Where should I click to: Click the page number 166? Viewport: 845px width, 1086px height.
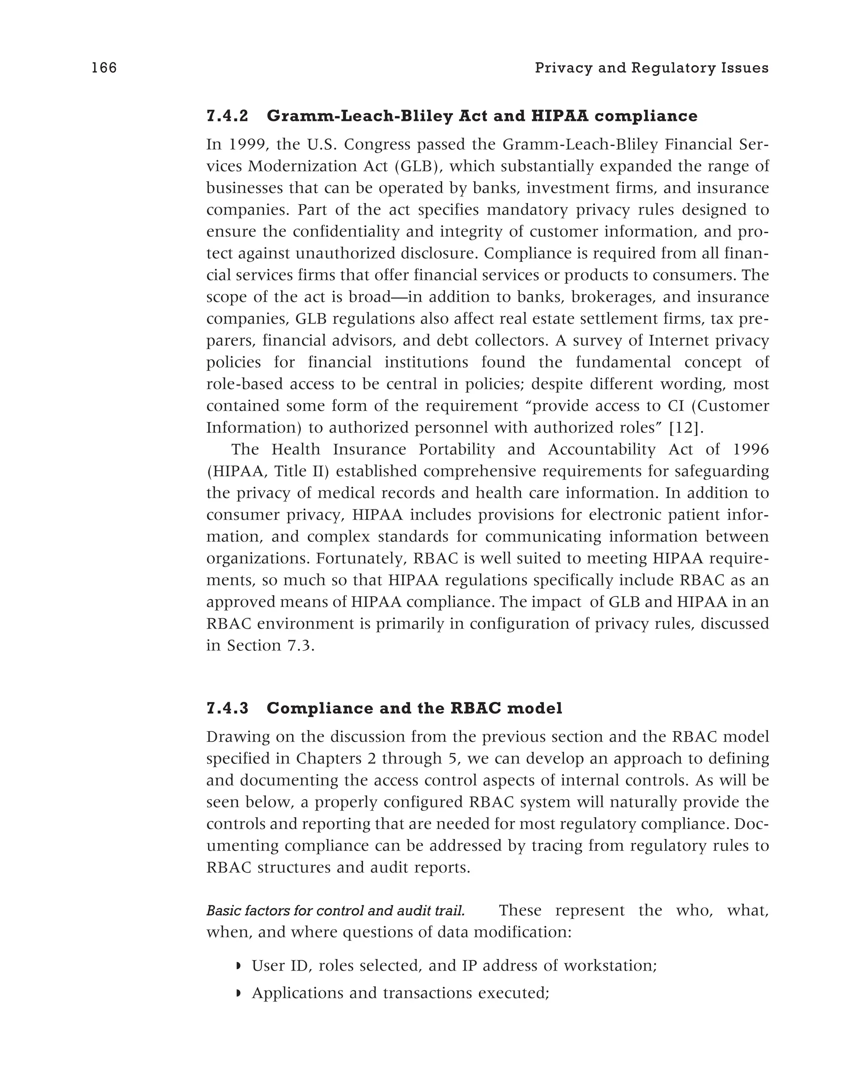click(104, 68)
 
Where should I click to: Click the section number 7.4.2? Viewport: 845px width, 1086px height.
click(227, 116)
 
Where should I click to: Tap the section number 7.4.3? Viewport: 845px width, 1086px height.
click(227, 708)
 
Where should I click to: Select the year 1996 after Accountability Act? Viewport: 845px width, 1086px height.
click(751, 449)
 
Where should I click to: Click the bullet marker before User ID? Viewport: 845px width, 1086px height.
click(238, 966)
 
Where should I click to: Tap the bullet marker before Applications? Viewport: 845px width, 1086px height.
click(238, 993)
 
